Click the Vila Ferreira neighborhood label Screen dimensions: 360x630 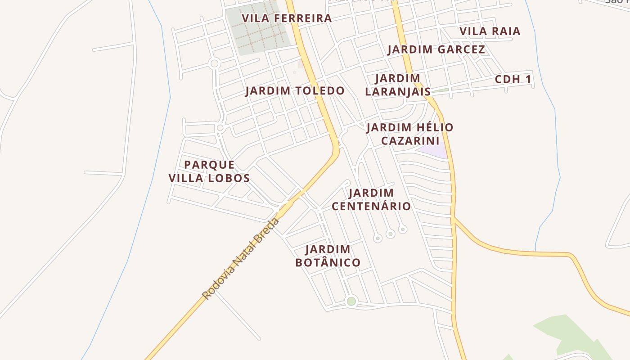[x=287, y=18]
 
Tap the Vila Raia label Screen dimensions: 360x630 [x=490, y=31]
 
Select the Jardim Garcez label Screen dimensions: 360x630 [x=436, y=49]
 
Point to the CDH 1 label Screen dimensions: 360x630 [x=513, y=80]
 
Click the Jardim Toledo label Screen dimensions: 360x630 [x=295, y=91]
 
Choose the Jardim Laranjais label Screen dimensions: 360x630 [x=397, y=85]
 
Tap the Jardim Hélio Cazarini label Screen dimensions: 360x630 [x=409, y=134]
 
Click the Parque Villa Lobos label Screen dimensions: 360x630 [x=209, y=171]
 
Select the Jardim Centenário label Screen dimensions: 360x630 [x=371, y=200]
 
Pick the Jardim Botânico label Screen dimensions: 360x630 [x=328, y=256]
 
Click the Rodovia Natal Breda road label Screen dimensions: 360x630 [x=241, y=258]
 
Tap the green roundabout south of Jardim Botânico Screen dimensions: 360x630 [x=351, y=301]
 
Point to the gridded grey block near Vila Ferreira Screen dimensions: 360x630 [x=258, y=30]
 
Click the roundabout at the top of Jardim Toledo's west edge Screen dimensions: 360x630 [x=215, y=63]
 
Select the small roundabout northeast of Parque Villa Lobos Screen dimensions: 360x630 [x=220, y=128]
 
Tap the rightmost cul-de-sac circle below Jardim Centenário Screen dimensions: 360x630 [x=403, y=229]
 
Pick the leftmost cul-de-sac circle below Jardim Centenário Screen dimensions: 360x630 [x=378, y=238]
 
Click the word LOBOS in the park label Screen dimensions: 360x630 [x=230, y=178]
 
